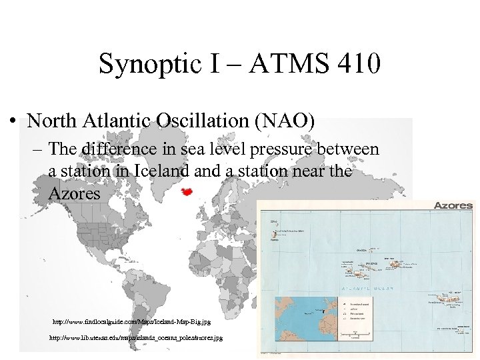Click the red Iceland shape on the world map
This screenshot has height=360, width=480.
tap(188, 191)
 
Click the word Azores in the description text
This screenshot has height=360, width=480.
tap(74, 194)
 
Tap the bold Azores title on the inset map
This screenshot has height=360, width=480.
tap(453, 206)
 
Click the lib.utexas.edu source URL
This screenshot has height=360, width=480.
tap(136, 338)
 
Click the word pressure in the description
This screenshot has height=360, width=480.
tap(296, 149)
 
